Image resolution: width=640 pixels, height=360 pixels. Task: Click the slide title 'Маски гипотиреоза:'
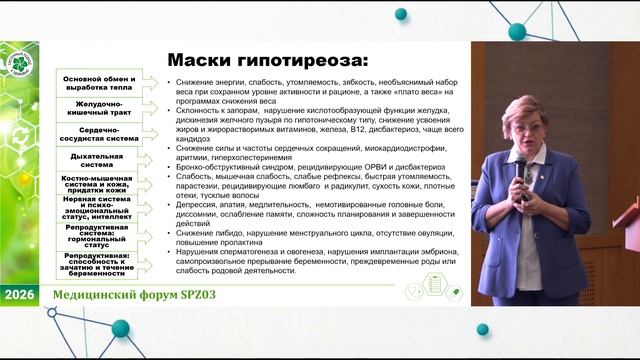(268, 60)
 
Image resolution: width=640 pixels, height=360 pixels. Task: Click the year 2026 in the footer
(19, 297)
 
